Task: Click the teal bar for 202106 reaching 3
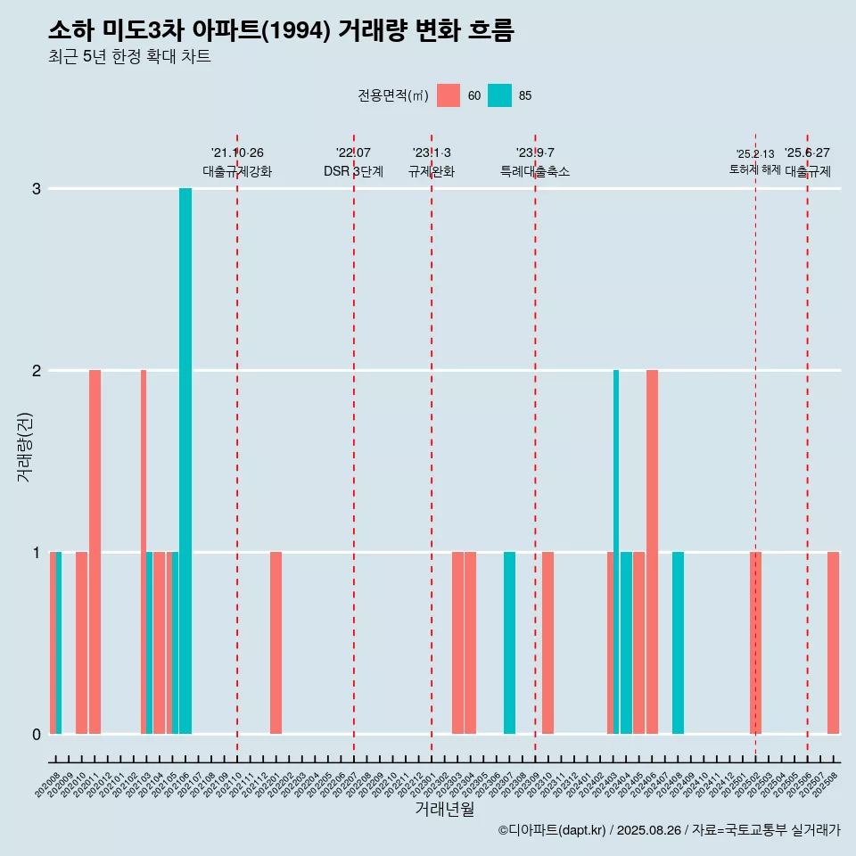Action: pos(185,461)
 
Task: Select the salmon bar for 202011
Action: pos(95,552)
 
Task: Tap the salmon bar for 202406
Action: pos(652,552)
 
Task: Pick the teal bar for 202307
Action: pos(509,643)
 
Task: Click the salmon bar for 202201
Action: pos(276,643)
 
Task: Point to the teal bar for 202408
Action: pos(678,643)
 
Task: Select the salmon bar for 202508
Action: pos(833,643)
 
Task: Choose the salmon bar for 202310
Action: pos(548,643)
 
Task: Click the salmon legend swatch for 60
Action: pos(449,95)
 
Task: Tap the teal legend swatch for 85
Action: pos(500,95)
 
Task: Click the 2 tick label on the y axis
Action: pos(37,370)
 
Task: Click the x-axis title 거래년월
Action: pos(444,809)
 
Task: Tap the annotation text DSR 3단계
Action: pos(353,171)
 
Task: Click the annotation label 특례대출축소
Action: pos(535,171)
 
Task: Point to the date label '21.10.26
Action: pos(237,153)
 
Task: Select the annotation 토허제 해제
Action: pos(755,169)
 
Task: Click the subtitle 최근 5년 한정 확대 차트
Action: pos(129,57)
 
